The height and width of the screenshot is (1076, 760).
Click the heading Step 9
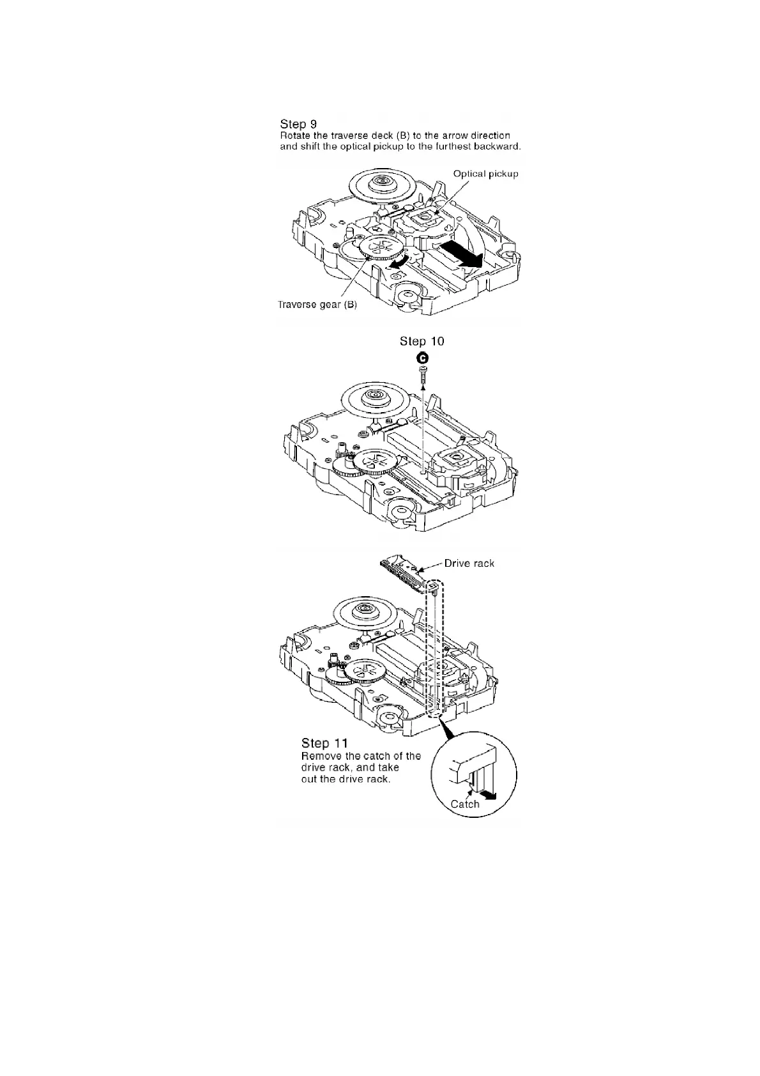point(298,124)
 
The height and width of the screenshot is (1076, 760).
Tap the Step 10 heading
point(422,341)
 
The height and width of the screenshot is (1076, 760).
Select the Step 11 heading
point(324,743)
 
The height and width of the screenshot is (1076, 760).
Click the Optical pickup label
point(485,174)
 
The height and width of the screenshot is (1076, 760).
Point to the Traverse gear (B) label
point(317,305)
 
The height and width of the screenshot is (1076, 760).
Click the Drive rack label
point(469,563)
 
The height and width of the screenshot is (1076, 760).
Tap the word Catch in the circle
point(465,804)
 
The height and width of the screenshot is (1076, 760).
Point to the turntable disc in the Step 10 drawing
point(374,399)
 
